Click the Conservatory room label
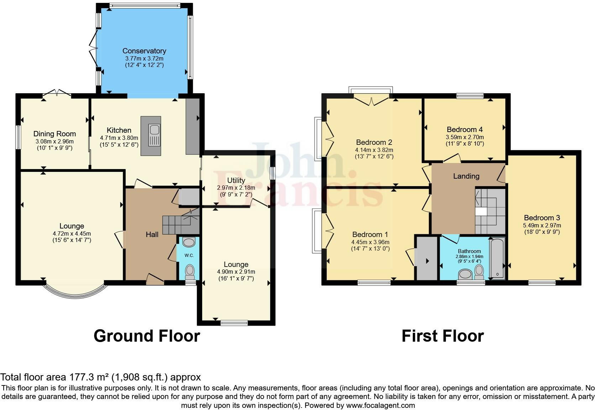coord(144,51)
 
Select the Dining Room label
coord(54,134)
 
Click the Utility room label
coord(236,180)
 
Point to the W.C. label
coord(189,256)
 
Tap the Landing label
coord(466,176)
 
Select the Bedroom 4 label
coord(464,130)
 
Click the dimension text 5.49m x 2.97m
coord(542,225)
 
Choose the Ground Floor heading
coord(147,336)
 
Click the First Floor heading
coord(442,336)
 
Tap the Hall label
coord(152,234)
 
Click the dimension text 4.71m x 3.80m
coord(119,138)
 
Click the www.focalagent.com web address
coord(380,405)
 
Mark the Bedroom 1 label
coord(370,235)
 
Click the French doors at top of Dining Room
coord(57,94)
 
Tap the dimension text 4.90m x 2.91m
coord(236,272)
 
